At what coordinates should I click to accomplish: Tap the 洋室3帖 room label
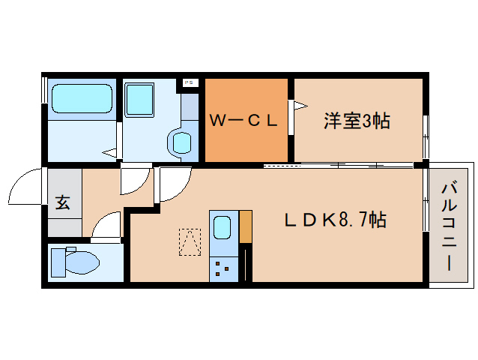(357, 120)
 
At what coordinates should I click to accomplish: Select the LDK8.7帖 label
(335, 220)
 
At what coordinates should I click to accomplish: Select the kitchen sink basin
(223, 227)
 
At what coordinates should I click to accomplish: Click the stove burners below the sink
(223, 267)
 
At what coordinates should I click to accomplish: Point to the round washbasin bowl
(182, 142)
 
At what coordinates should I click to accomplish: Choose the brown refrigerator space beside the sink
(245, 227)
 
